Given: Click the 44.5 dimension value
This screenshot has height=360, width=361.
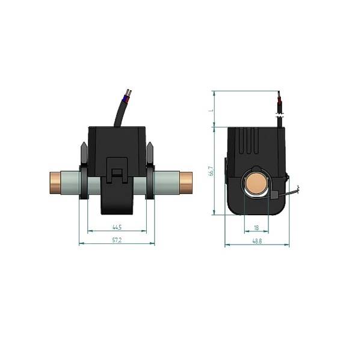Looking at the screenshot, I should pos(117,227).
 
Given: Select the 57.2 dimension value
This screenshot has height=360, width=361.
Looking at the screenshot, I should pos(117,240).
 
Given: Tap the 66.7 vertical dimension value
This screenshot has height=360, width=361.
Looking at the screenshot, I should pos(210,171).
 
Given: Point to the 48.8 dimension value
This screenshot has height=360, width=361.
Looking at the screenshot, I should pos(257,241).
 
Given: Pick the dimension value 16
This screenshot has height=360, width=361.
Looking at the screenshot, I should pos(256,228).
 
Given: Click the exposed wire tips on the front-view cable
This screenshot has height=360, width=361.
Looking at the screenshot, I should pos(127,94).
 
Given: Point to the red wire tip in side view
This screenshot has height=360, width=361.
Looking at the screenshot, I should pos(278,97).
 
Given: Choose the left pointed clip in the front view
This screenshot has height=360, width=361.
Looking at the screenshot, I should pos(81,153).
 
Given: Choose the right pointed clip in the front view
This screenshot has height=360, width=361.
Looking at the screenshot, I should pos(150,153).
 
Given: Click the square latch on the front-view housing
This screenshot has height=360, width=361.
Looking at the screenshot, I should pos(117,174).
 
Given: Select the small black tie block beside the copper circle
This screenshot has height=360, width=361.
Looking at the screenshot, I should pos(273,195).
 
